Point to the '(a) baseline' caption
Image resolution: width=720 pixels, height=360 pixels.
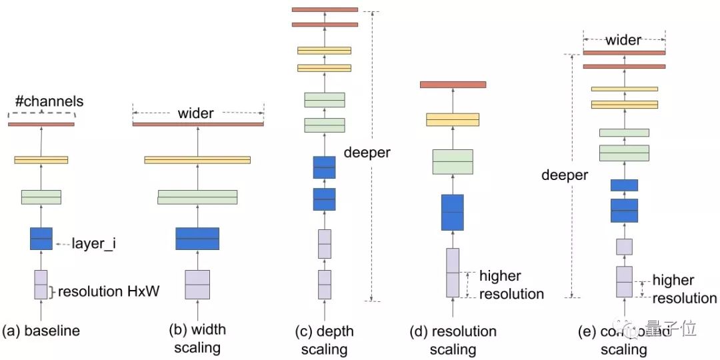(x=41, y=331)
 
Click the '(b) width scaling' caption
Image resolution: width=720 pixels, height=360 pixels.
(x=198, y=338)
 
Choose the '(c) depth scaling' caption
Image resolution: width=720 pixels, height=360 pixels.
(x=324, y=340)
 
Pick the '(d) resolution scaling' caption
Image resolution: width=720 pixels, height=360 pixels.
(x=453, y=340)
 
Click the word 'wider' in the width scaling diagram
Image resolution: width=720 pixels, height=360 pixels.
(x=195, y=113)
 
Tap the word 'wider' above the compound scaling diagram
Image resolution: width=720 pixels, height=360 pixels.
(x=624, y=41)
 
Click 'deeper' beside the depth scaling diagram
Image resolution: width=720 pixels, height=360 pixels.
(x=367, y=152)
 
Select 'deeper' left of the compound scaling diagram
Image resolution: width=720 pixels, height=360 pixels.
(x=565, y=175)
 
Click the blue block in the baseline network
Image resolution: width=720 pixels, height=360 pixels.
(x=41, y=239)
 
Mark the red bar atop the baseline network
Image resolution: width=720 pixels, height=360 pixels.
(x=41, y=124)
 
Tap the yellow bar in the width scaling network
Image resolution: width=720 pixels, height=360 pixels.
(x=197, y=160)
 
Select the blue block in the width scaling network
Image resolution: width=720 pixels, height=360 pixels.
(x=197, y=239)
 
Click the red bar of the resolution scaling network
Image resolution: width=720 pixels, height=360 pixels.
(x=453, y=85)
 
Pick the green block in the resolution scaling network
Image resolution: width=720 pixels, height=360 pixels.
(x=453, y=162)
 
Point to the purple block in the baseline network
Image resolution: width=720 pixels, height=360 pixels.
(x=41, y=285)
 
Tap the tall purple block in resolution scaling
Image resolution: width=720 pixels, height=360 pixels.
(x=453, y=273)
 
